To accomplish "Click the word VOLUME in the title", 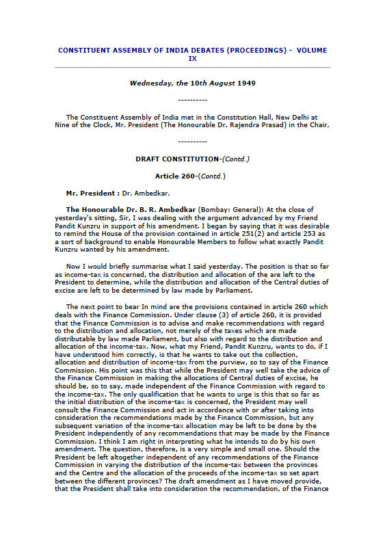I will pyautogui.click(x=311, y=51).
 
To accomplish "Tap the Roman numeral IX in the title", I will pyautogui.click(x=192, y=59).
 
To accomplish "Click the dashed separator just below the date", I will pyautogui.click(x=192, y=100).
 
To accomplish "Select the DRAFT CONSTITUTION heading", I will pyautogui.click(x=176, y=159).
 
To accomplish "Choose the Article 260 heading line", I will pyautogui.click(x=192, y=176).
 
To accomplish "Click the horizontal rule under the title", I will pyautogui.click(x=192, y=68).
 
